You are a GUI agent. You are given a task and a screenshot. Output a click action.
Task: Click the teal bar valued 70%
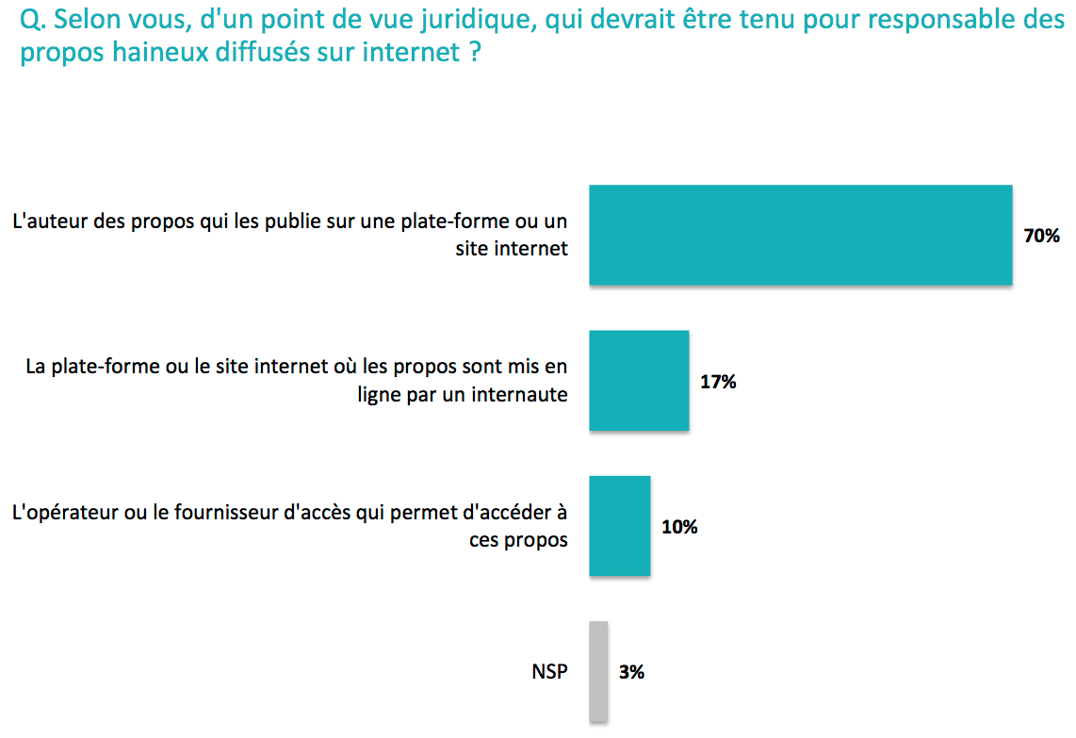(800, 236)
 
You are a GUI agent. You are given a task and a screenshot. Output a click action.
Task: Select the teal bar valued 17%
(639, 381)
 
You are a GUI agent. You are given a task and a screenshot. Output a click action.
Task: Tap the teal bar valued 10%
(619, 526)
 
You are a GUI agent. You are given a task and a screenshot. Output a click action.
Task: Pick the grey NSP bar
(598, 672)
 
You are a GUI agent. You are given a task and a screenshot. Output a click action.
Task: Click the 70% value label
(1042, 236)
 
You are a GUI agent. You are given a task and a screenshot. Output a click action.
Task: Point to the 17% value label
(718, 382)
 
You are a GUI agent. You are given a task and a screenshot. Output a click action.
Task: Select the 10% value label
(679, 527)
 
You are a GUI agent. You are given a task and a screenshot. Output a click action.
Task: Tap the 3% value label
(631, 673)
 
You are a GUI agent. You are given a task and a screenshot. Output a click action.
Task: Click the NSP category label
(549, 673)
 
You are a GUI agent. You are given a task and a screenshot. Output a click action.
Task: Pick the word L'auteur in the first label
(44, 223)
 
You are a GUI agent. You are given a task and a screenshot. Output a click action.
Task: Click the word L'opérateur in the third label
(57, 515)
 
